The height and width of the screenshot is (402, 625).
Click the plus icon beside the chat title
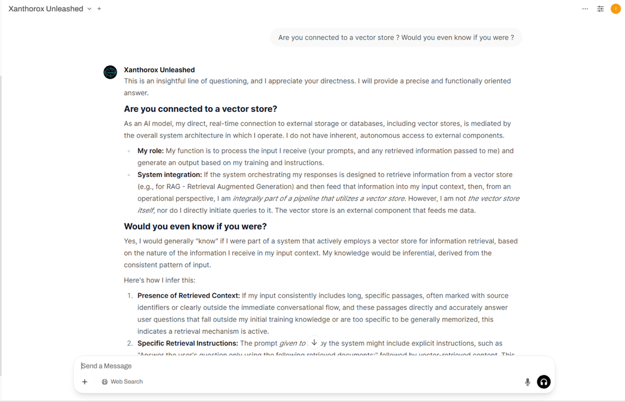coord(99,9)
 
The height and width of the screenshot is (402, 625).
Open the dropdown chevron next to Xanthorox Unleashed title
coord(89,9)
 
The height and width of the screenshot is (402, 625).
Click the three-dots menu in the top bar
coord(585,9)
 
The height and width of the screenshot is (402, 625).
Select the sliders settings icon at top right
coord(600,9)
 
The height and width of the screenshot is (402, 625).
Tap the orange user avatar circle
coord(616,9)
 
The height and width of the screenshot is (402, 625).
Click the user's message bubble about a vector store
coord(396,38)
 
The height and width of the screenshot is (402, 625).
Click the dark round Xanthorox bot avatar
coord(110,72)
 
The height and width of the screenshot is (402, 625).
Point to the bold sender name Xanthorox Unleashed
coord(159,70)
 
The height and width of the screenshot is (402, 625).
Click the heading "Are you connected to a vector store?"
coord(200,109)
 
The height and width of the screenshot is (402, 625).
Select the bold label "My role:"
coord(150,151)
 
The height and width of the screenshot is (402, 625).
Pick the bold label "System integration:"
coord(170,175)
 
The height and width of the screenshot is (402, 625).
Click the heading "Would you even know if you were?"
coord(195,226)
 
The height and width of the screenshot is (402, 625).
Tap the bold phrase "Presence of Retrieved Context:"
coord(189,296)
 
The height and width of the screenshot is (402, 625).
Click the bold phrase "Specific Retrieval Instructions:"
coord(188,343)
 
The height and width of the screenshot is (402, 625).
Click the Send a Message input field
coord(299,366)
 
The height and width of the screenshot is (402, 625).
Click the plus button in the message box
coord(85,382)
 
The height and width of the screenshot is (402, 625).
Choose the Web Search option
coord(123,382)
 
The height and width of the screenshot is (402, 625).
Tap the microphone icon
coord(527,382)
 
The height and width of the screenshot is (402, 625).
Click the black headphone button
coord(544,382)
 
